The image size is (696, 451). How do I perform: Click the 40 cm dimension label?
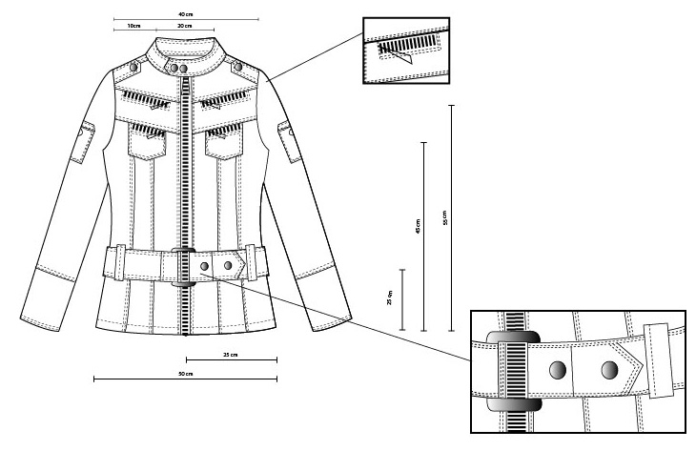pyautogui.click(x=186, y=14)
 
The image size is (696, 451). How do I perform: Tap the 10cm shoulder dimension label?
pyautogui.click(x=133, y=26)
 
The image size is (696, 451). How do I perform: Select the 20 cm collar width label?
pyautogui.click(x=185, y=26)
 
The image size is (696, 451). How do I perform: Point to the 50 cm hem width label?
pyautogui.click(x=186, y=374)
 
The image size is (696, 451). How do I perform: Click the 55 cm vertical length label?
pyautogui.click(x=443, y=217)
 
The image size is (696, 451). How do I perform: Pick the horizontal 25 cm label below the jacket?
pyautogui.click(x=230, y=355)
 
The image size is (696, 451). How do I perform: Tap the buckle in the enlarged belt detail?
pyautogui.click(x=512, y=371)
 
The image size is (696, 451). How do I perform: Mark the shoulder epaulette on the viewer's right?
pyautogui.click(x=240, y=67)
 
